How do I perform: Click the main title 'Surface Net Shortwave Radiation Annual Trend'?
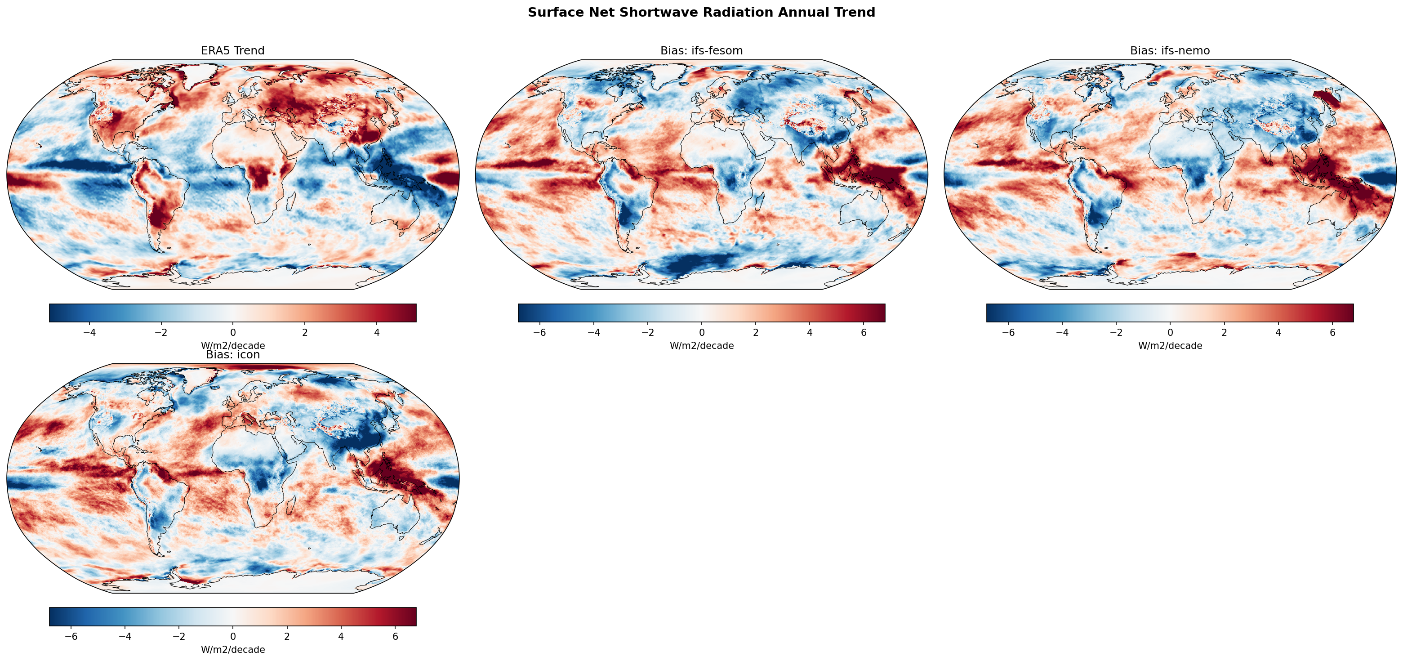pos(701,13)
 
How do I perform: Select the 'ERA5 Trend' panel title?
pos(232,51)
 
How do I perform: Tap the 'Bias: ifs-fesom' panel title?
pos(701,51)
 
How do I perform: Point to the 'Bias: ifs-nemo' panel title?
pos(1170,51)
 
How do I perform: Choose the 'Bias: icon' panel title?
pos(232,355)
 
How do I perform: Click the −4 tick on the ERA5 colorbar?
pos(89,332)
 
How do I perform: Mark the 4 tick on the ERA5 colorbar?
pos(377,332)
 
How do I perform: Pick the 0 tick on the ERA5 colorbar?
pos(233,332)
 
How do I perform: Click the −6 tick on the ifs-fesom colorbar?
pos(539,332)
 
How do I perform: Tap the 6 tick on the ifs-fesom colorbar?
pos(864,332)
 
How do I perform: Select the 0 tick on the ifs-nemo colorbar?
pos(1170,332)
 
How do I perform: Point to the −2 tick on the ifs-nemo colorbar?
pos(1116,332)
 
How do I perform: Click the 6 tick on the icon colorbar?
pos(396,636)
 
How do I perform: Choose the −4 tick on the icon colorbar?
pos(125,636)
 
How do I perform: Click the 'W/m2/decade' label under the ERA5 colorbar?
pos(232,345)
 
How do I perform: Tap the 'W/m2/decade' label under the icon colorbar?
pos(232,650)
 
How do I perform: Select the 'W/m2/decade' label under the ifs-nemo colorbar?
pos(1170,345)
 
